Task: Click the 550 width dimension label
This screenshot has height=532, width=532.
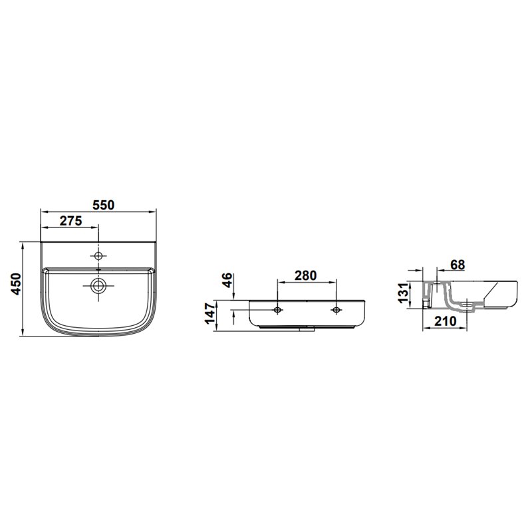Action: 104,205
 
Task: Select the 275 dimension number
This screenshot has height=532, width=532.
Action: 71,221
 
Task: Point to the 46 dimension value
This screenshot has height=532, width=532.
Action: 227,280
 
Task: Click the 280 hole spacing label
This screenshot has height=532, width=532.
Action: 305,275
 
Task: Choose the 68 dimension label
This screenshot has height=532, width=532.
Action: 458,265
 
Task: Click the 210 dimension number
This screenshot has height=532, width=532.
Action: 446,321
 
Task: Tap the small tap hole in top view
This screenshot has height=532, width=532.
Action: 98,256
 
